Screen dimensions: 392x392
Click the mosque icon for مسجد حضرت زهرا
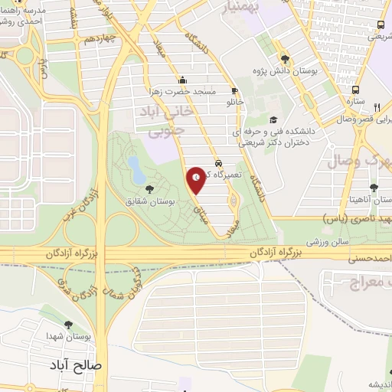click(183, 80)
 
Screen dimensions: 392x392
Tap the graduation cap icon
click(273, 119)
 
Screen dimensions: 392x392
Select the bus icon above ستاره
click(355, 88)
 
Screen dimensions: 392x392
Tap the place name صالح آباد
click(77, 365)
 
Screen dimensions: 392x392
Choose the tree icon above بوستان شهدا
click(69, 325)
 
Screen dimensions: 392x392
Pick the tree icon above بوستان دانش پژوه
click(285, 58)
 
